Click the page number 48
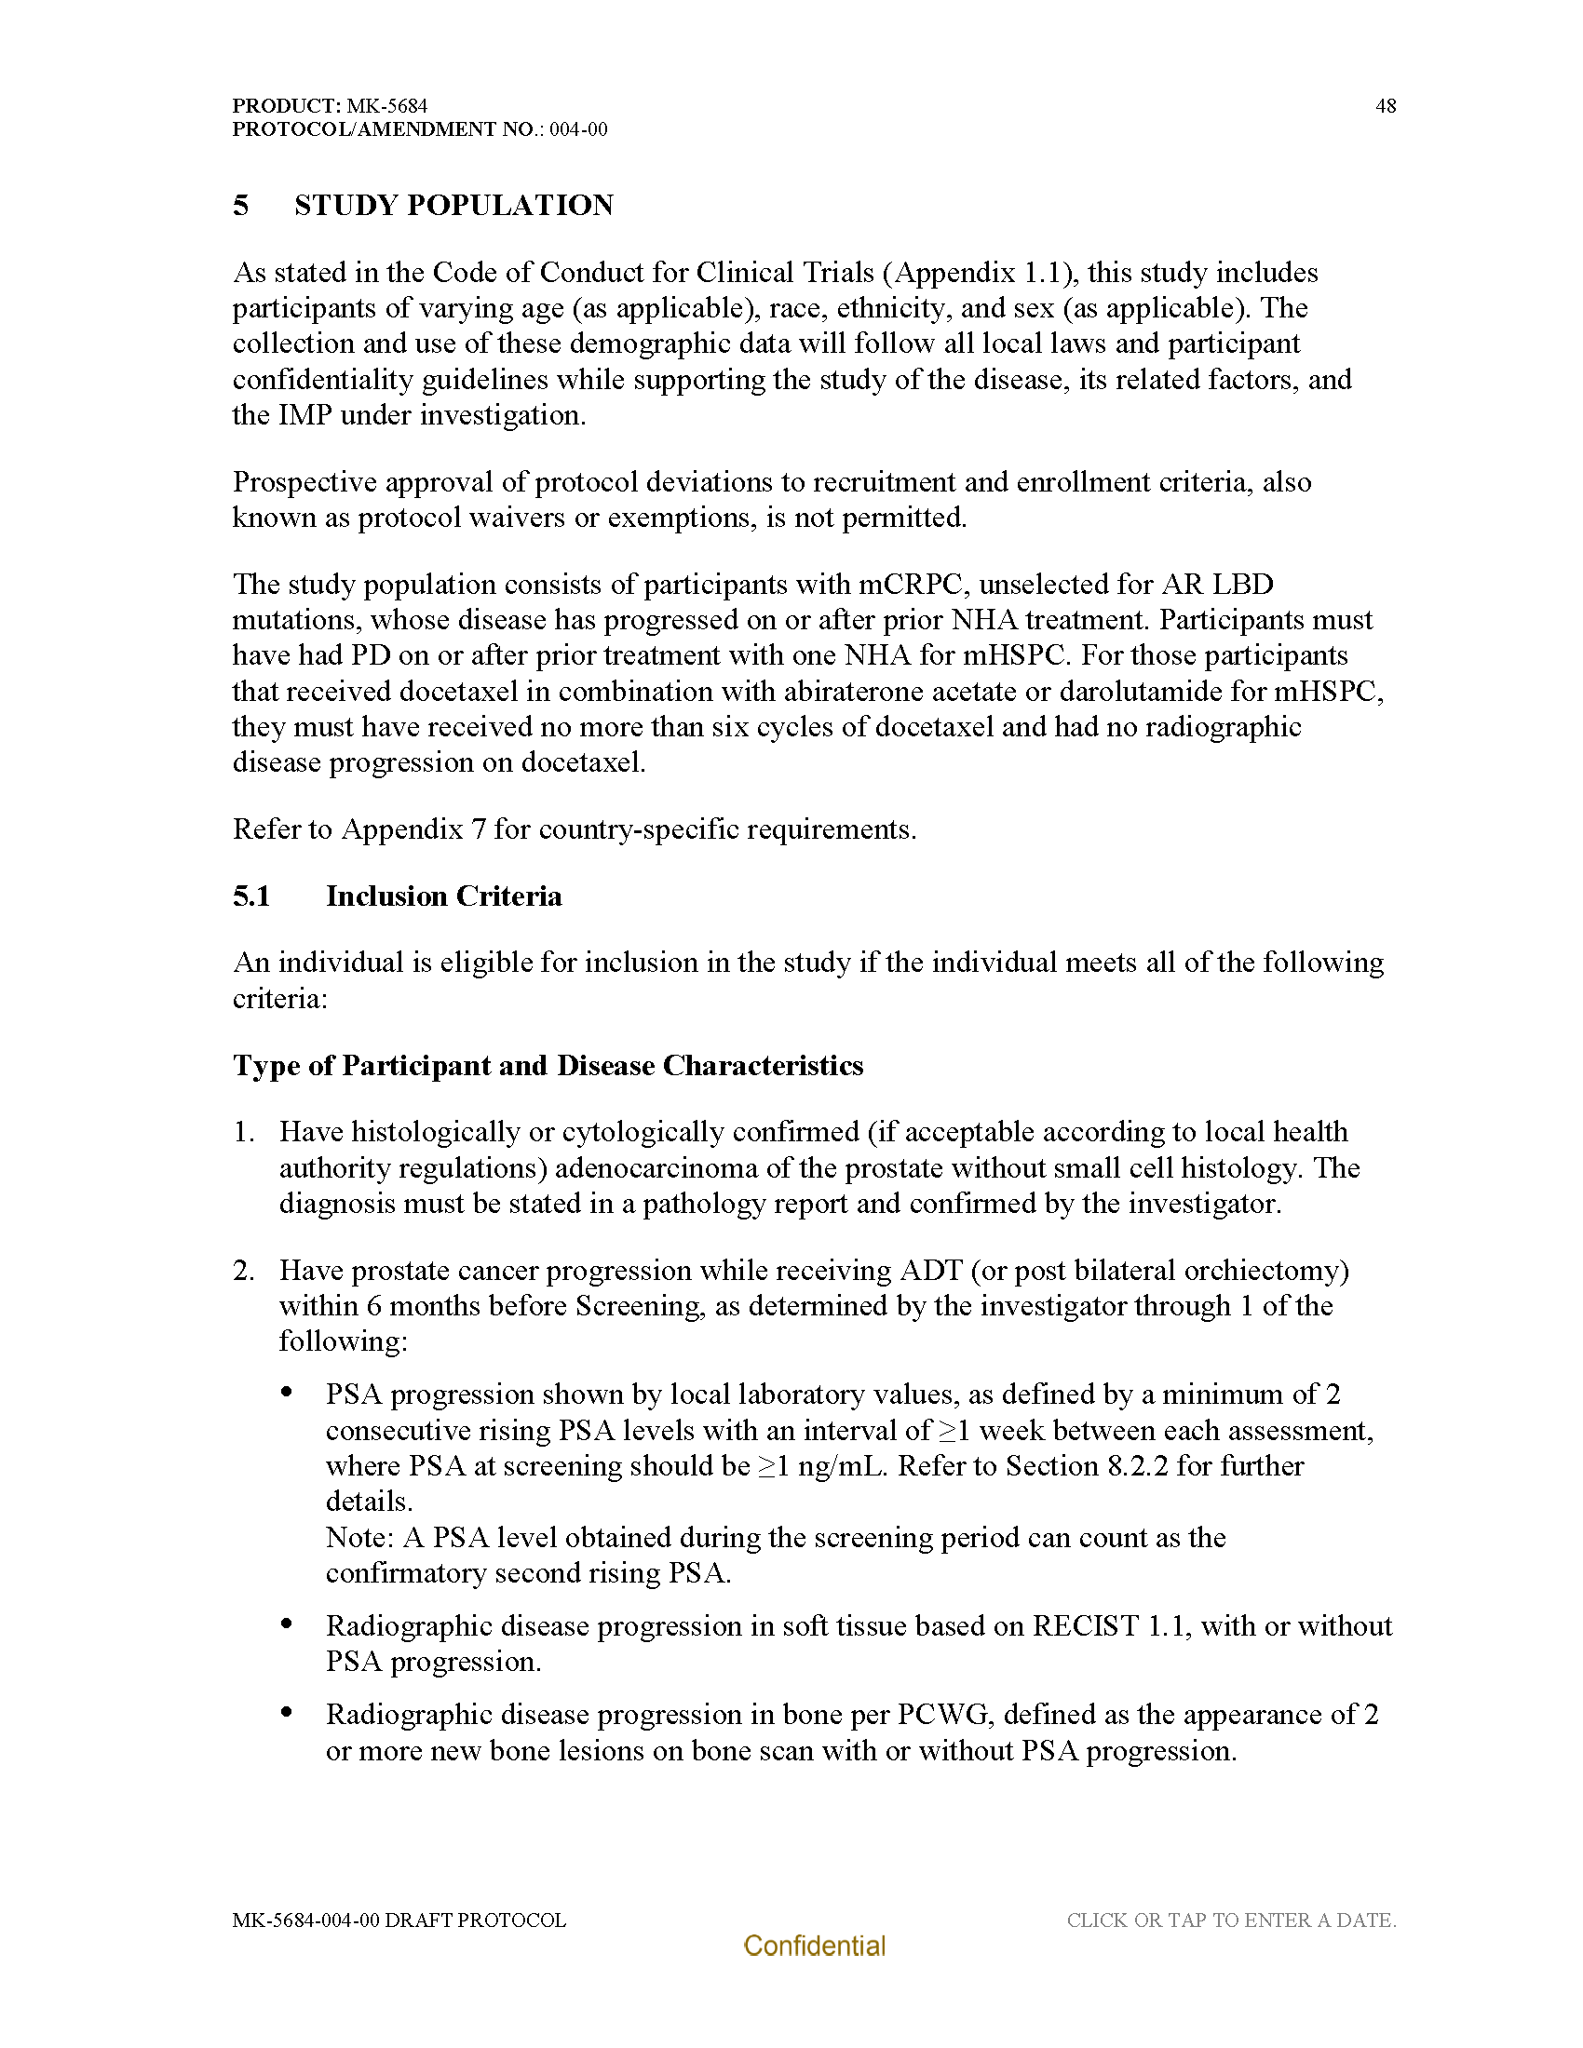click(x=1386, y=106)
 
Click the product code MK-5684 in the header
click(x=386, y=106)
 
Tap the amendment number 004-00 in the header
click(x=577, y=129)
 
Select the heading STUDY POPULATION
click(x=453, y=206)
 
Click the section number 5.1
click(x=251, y=896)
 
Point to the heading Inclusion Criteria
click(x=443, y=896)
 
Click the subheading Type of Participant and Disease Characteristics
click(x=548, y=1066)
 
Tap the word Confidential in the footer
click(x=814, y=1946)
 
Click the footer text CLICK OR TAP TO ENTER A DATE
click(x=1231, y=1920)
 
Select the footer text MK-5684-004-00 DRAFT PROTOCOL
click(x=399, y=1920)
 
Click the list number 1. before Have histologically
click(x=244, y=1133)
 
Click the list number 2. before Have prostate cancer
click(x=244, y=1271)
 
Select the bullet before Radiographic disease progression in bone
click(x=287, y=1712)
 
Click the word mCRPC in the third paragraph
click(x=912, y=586)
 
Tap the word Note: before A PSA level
click(x=359, y=1538)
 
